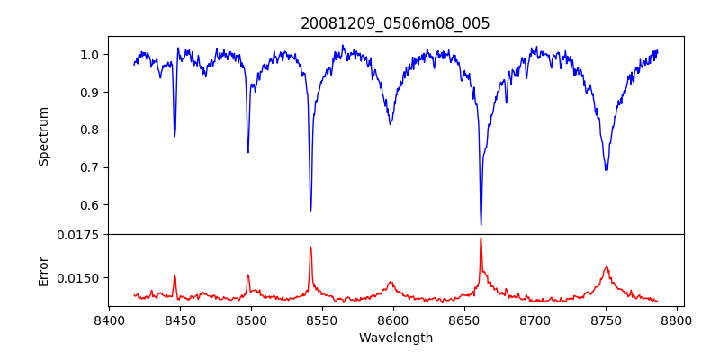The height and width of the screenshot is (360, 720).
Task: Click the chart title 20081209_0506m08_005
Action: [x=395, y=23]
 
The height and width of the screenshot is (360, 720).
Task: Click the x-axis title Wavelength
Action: [x=395, y=337]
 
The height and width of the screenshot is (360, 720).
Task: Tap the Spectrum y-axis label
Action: [x=43, y=136]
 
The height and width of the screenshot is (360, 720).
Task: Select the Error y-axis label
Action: [x=43, y=270]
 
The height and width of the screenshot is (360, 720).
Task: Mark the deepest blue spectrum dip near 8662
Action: [x=481, y=224]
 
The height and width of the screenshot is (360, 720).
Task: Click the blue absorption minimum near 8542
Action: [x=310, y=211]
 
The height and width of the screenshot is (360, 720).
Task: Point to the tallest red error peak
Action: [x=481, y=238]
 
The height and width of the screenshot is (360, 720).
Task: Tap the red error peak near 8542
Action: [x=310, y=247]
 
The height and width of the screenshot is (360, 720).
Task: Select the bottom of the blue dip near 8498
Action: [x=248, y=152]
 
